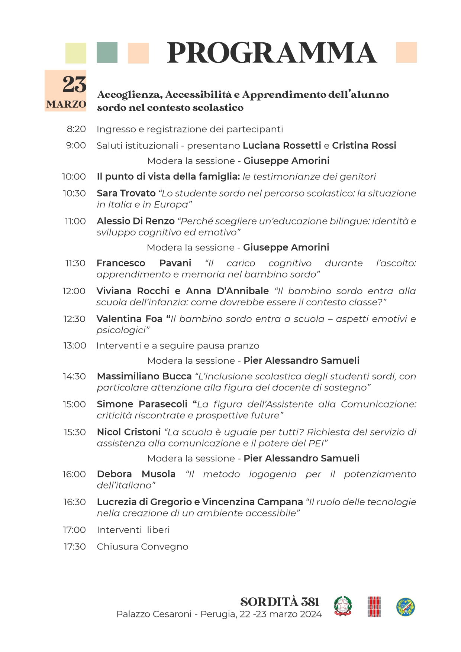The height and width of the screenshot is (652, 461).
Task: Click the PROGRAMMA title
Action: [x=272, y=53]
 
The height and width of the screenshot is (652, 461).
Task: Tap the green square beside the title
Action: [x=107, y=52]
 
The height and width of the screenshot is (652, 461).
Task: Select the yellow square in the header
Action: [x=76, y=53]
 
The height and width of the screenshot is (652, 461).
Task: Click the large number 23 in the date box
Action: [x=74, y=85]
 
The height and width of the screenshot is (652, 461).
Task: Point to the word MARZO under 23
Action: [x=66, y=104]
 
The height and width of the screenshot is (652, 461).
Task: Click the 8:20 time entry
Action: [x=76, y=129]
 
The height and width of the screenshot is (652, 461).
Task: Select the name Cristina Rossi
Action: [x=364, y=146]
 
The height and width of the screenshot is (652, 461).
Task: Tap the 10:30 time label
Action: [x=74, y=194]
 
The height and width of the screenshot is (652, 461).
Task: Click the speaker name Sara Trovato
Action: [x=126, y=194]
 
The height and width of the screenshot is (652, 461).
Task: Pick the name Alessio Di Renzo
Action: [x=136, y=221]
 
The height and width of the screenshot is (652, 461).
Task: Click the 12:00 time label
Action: [x=74, y=291]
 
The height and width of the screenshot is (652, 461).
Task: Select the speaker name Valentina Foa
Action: [x=129, y=319]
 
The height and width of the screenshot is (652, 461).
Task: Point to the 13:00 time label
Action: [x=74, y=346]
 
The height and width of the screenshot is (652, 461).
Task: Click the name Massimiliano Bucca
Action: [x=144, y=377]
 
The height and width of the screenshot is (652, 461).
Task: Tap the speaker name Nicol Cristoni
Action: [x=129, y=432]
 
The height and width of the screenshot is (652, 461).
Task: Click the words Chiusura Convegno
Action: [x=142, y=547]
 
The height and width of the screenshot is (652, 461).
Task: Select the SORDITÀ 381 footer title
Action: [x=280, y=602]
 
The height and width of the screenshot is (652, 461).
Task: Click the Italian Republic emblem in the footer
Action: [x=342, y=606]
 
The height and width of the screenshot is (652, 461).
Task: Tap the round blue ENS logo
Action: [x=405, y=607]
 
